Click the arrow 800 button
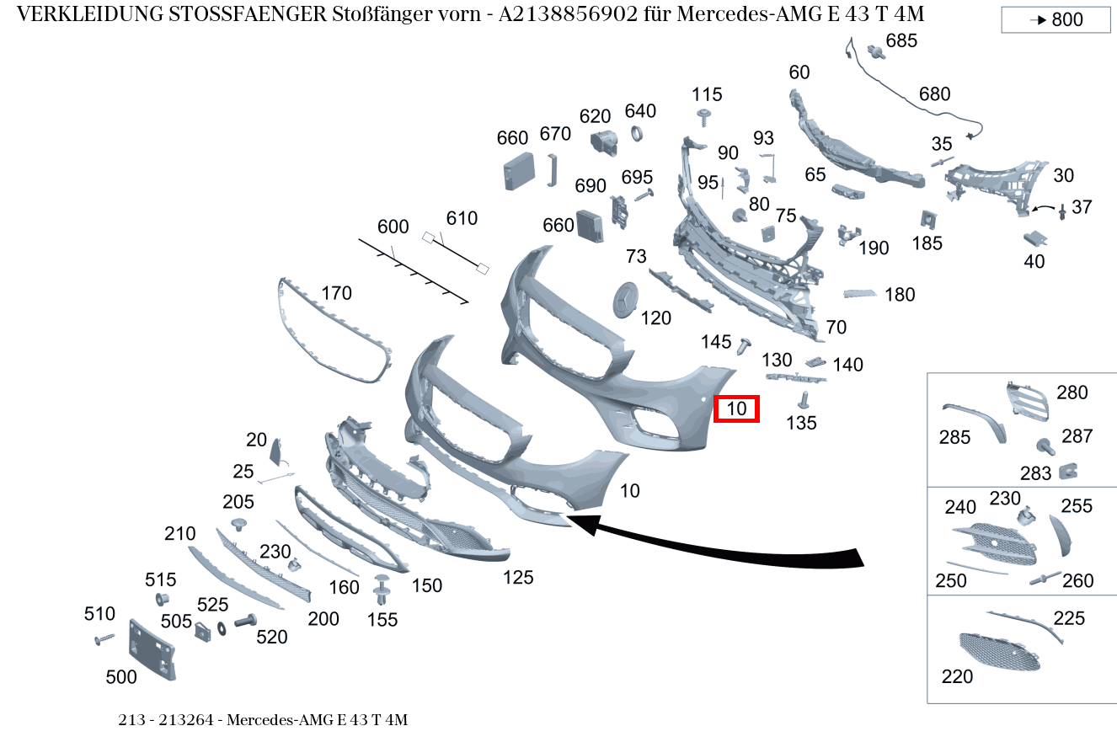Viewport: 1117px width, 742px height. point(1056,19)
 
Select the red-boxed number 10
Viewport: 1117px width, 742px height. point(736,409)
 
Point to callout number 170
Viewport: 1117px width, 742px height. point(336,294)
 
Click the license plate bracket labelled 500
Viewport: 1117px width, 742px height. point(151,649)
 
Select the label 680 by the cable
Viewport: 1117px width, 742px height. point(934,94)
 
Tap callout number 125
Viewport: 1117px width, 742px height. point(518,578)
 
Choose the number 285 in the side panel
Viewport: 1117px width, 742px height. point(954,437)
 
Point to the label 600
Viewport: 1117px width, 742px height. point(393,227)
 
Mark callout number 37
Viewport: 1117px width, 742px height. point(1082,206)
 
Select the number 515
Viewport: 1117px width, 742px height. point(160,579)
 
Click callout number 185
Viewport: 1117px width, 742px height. point(927,244)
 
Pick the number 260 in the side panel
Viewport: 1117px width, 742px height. point(1077,581)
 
